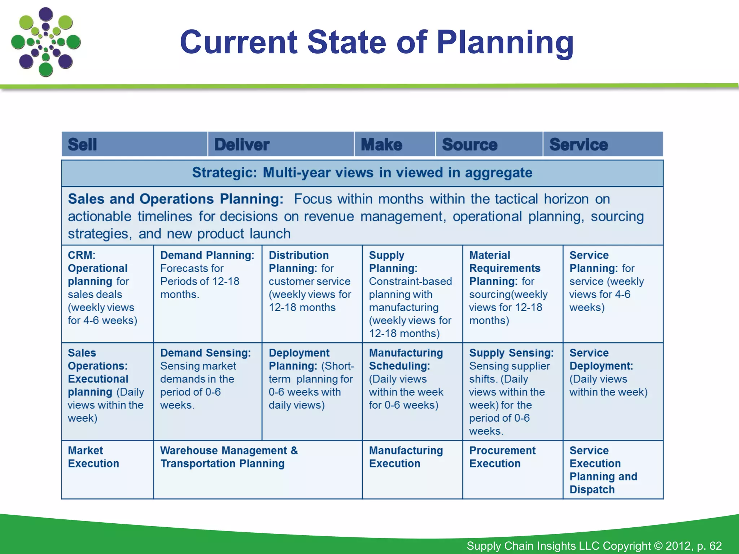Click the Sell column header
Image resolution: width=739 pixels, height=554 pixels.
[134, 144]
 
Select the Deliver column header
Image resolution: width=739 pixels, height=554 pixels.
[281, 144]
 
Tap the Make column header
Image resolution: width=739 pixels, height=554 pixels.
[394, 144]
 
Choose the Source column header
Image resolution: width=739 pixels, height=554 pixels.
[489, 144]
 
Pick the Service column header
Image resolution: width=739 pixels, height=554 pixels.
[603, 144]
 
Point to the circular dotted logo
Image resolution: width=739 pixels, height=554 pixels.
[46, 42]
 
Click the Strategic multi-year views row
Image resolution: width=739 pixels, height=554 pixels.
[362, 173]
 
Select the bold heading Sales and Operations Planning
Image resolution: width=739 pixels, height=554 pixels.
[176, 199]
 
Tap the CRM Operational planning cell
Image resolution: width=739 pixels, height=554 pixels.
[107, 294]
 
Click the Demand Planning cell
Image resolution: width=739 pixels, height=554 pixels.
[207, 294]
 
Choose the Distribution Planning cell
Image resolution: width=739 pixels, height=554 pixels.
[312, 294]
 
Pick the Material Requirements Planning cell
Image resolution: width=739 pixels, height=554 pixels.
[512, 294]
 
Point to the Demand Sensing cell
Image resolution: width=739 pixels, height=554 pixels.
[207, 391]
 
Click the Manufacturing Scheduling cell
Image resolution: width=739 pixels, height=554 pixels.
[412, 391]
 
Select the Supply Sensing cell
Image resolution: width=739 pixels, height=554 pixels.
[512, 391]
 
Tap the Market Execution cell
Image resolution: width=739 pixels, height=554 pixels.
[107, 469]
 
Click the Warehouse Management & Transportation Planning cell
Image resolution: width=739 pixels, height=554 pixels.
[258, 469]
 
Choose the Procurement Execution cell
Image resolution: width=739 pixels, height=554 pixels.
[512, 469]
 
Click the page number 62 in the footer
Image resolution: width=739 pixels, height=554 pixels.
[715, 546]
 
